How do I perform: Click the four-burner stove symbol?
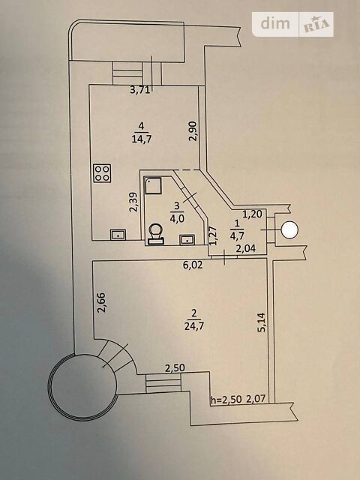(x=103, y=173)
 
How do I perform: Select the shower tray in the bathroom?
(x=153, y=185)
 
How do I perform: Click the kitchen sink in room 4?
(x=118, y=235)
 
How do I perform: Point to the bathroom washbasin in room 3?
(x=187, y=239)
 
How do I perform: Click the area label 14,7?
(x=142, y=139)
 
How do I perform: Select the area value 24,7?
(x=194, y=326)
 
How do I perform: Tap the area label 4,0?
(x=177, y=219)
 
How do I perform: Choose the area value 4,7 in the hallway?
(x=237, y=237)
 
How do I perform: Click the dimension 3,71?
(x=140, y=90)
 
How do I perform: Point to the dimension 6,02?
(x=193, y=265)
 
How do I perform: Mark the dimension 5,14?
(x=262, y=322)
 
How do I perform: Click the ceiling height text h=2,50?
(x=226, y=399)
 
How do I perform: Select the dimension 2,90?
(x=193, y=131)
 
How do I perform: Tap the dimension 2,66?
(x=102, y=302)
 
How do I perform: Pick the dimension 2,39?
(x=133, y=202)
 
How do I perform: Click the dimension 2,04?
(x=245, y=248)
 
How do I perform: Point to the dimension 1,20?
(x=253, y=214)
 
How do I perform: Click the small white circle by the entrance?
(x=289, y=230)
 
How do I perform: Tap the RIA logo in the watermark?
(x=316, y=25)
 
